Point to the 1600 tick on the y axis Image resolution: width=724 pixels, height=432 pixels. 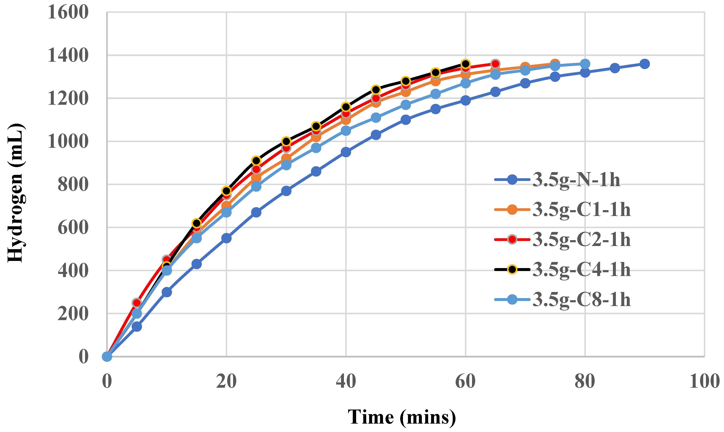pos(68,13)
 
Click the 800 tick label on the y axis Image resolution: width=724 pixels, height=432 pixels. pos(73,185)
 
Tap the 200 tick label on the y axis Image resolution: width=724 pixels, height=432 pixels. pos(73,314)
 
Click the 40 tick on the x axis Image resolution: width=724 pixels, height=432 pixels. pos(346,381)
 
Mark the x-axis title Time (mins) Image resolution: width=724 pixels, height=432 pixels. pos(402,417)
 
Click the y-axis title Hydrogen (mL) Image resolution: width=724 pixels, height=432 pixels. pos(16,193)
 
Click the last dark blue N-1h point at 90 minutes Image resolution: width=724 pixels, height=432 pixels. pos(645,64)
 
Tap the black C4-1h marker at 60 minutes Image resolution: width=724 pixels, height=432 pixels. pos(466,64)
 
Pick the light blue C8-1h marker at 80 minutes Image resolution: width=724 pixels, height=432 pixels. pos(585,64)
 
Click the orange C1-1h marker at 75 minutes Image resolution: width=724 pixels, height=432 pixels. pos(555,63)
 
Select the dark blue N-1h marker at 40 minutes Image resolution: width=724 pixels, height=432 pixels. pos(346,152)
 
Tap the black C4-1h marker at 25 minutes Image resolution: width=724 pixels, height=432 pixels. pos(256,160)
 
